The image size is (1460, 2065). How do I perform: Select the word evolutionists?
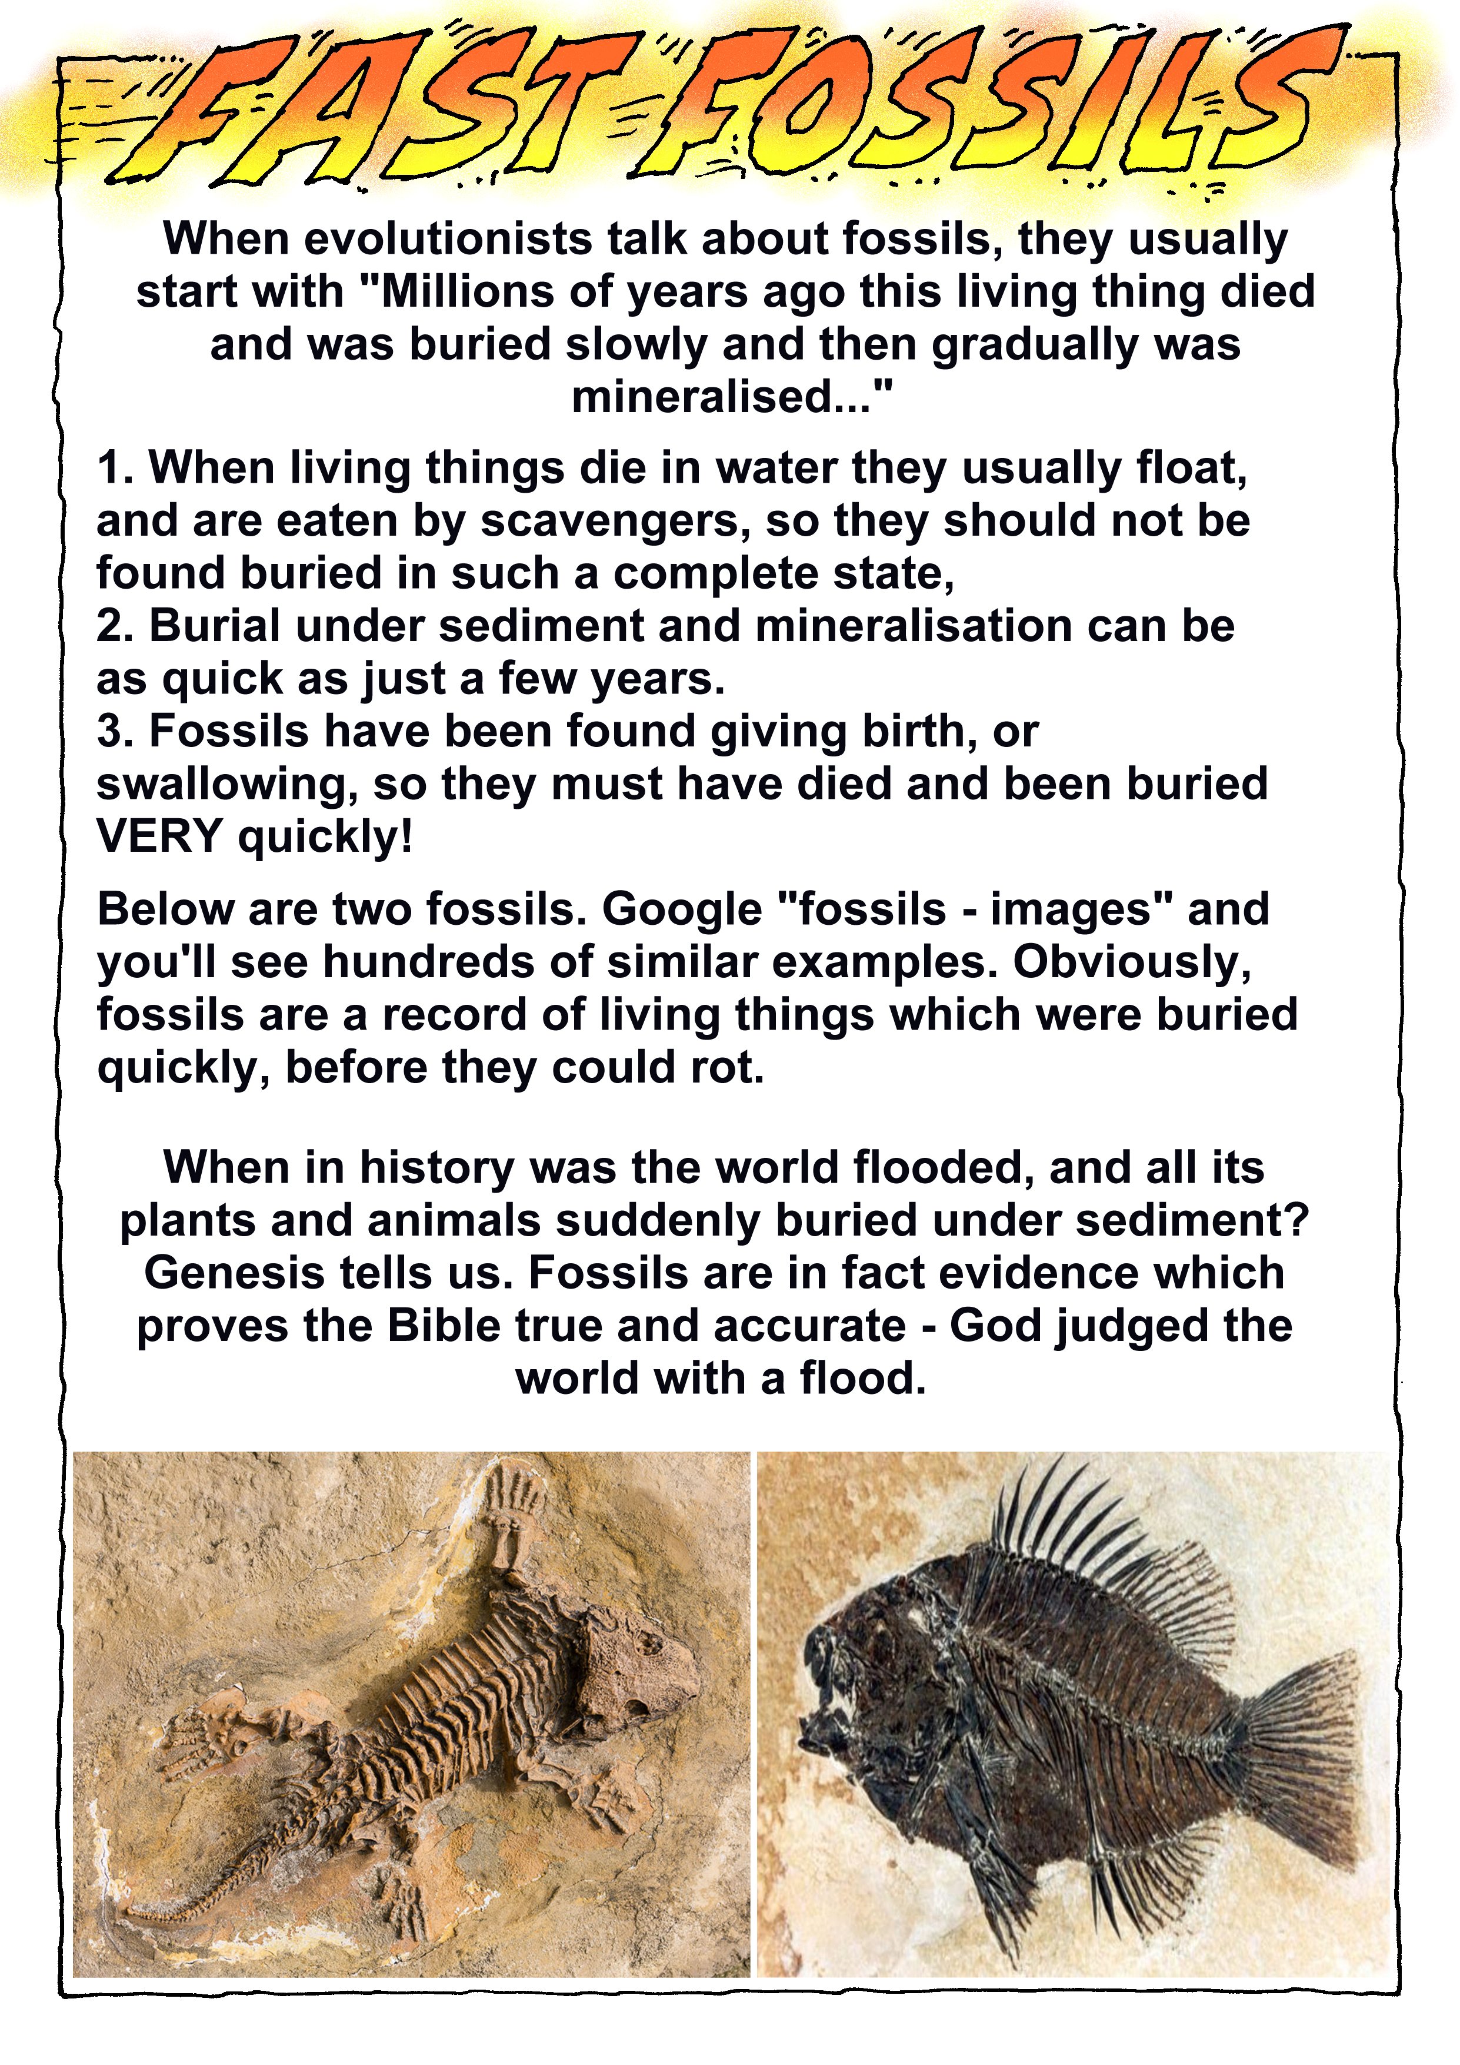click(x=453, y=239)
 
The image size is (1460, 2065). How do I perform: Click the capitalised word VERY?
click(x=159, y=837)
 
